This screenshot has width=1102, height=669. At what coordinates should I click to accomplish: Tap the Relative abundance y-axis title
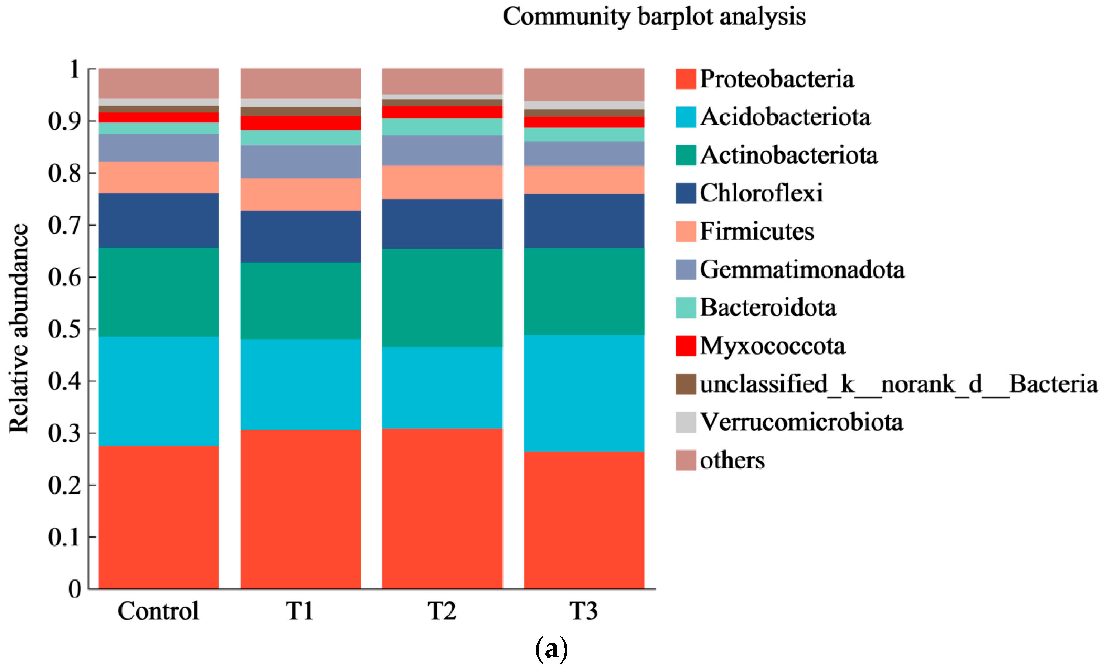pos(19,328)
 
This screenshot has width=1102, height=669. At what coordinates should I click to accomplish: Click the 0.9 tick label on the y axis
pos(65,121)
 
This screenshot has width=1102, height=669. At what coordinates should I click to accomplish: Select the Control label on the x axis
pos(158,611)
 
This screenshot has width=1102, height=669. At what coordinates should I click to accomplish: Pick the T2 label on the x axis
pos(442,611)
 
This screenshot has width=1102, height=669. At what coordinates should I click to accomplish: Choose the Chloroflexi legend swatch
pos(685,193)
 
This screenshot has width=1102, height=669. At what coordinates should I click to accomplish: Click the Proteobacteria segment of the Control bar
pos(159,517)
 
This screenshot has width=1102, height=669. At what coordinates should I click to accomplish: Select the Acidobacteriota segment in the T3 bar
pos(584,393)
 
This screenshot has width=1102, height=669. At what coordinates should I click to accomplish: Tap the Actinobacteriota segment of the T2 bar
pos(442,298)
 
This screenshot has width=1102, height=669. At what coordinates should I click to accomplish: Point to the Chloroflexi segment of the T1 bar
pos(301,237)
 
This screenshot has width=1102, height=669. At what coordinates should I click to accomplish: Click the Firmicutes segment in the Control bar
pos(159,177)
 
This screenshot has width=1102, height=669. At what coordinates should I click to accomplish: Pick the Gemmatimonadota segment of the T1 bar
pos(301,162)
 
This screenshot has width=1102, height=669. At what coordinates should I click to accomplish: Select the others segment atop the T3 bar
pos(584,85)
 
